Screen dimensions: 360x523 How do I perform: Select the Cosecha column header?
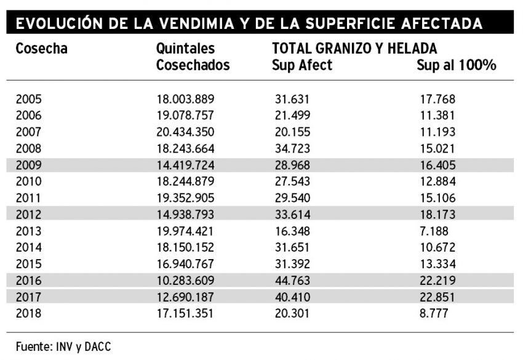[41, 49]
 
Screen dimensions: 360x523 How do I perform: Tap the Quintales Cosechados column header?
[193, 57]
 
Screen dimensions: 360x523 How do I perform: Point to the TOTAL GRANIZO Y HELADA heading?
[354, 49]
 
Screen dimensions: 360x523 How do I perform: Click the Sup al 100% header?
[456, 65]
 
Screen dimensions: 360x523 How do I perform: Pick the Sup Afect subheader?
[301, 65]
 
